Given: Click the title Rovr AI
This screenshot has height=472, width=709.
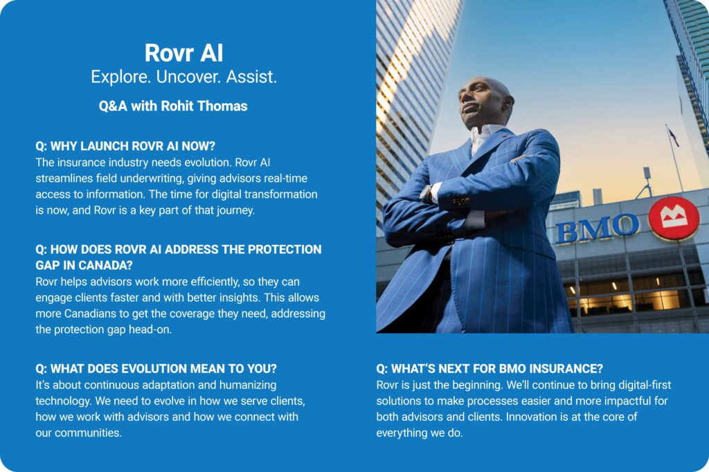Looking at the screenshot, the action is point(183,53).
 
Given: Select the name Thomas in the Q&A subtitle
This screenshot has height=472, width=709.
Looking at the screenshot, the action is point(222,106).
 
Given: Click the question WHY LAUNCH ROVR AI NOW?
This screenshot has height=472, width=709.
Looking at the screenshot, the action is point(125,146).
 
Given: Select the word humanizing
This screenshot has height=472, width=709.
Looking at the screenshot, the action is point(248,385).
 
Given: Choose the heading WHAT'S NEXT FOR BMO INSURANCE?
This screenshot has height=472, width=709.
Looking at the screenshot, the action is point(490,368).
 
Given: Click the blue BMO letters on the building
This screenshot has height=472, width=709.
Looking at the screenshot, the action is point(597,228).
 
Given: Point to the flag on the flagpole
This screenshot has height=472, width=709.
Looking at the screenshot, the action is point(673,137).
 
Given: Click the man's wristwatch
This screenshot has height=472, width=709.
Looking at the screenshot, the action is point(427,194).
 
